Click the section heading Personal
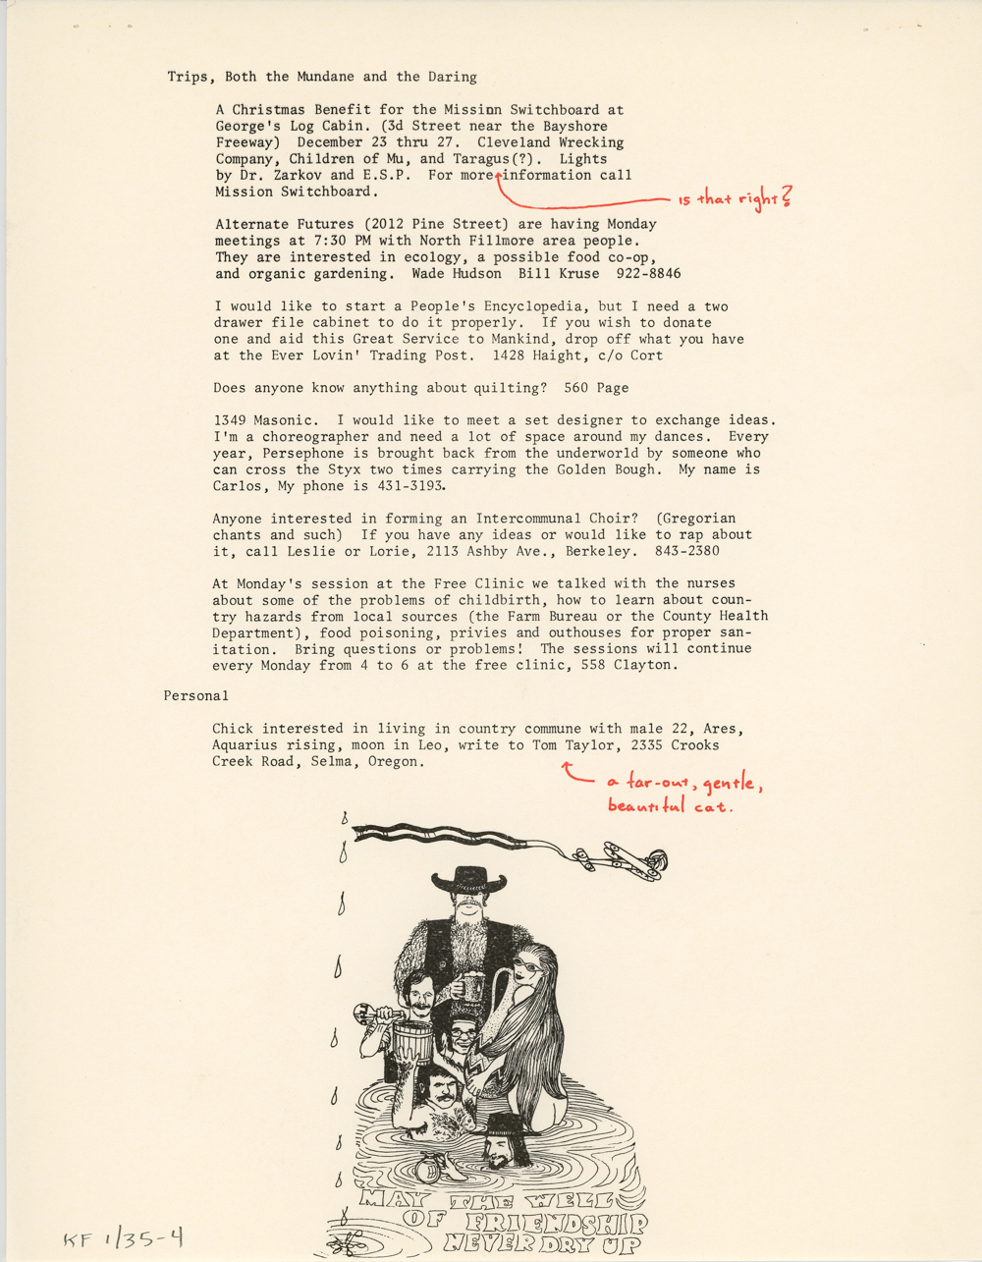(195, 695)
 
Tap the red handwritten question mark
(786, 197)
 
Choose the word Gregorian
(698, 518)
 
